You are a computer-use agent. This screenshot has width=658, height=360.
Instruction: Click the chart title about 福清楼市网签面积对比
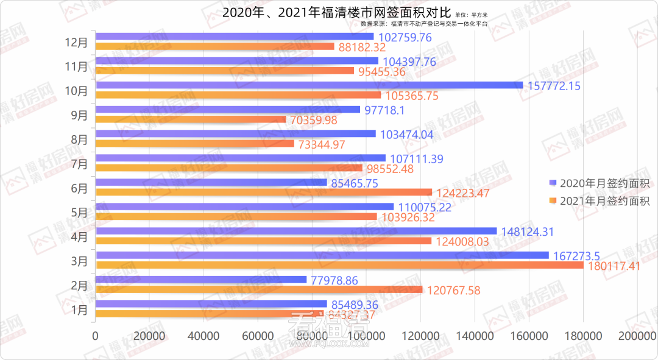[x=336, y=12]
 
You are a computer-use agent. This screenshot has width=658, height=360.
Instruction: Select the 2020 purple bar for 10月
[x=310, y=85]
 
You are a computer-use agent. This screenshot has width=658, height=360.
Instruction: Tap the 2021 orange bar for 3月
[x=340, y=265]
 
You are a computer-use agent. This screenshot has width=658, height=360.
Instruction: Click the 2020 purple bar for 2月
[x=201, y=280]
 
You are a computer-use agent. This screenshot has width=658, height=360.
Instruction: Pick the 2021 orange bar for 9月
[x=191, y=119]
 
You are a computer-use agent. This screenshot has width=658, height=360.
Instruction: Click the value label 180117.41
[x=614, y=266]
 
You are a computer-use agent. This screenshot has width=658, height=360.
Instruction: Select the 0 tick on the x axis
[x=96, y=336]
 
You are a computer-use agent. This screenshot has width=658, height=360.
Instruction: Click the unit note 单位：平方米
[x=472, y=13]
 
